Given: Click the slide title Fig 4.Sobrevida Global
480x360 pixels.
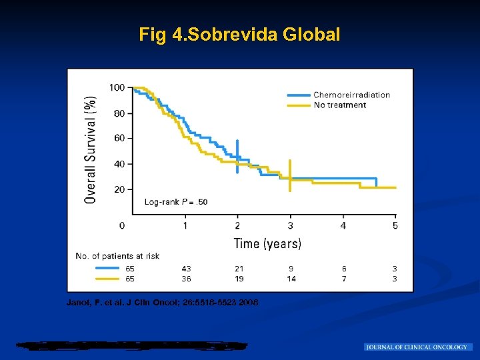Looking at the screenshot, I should tap(239, 34).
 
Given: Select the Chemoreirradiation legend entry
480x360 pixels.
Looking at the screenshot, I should tap(351, 95).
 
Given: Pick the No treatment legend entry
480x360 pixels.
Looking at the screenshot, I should tap(339, 105).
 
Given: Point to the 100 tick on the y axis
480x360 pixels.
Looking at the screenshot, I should tap(117, 87).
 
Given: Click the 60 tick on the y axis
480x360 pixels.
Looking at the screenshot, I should tap(119, 138).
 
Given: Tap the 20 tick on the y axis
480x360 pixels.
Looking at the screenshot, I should tap(119, 189).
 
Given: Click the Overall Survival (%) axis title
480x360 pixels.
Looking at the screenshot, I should tap(90, 149).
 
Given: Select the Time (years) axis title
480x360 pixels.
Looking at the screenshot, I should tap(267, 243).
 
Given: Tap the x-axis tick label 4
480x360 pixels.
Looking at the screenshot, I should tap(343, 226).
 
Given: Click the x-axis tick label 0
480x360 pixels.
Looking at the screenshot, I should tap(121, 226).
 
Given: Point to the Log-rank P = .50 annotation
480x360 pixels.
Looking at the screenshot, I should tap(176, 202).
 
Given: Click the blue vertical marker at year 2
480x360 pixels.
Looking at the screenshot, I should tap(237, 157).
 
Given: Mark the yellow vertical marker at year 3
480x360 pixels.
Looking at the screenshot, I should tap(290, 175).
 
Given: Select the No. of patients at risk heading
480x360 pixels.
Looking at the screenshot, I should tap(117, 256).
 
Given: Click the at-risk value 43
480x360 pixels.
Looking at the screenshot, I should tap(186, 269).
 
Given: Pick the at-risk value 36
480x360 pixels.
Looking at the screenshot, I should tap(186, 279).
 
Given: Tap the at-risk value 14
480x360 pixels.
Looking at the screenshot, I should tap(291, 279).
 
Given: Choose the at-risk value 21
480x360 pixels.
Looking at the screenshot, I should tap(239, 269).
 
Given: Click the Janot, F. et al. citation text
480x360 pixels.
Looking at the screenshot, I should tap(163, 303).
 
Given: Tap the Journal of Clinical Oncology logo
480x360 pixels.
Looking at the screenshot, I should tap(418, 347).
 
